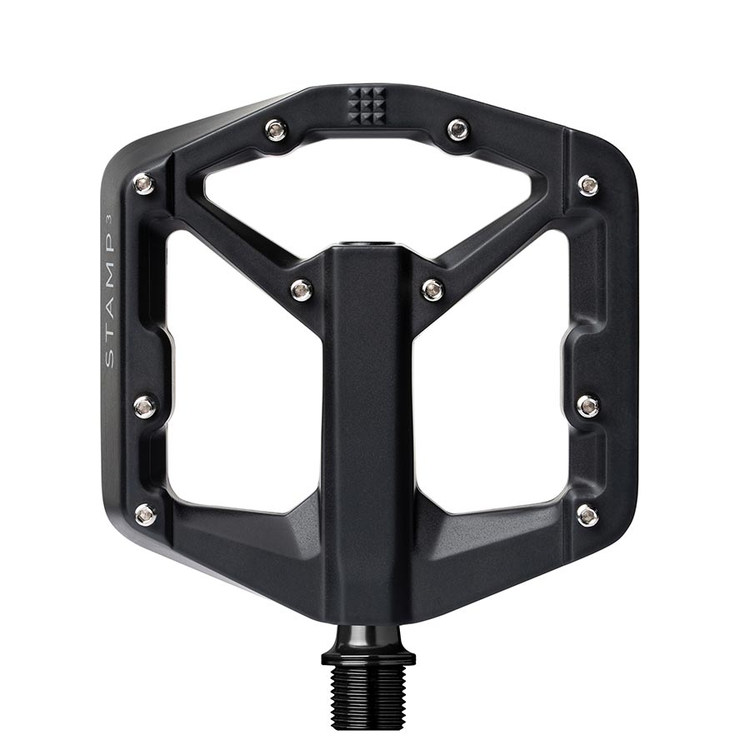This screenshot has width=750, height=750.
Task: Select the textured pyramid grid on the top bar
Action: (367, 105)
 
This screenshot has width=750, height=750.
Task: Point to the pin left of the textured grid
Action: (276, 129)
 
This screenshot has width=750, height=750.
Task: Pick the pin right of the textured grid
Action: (457, 129)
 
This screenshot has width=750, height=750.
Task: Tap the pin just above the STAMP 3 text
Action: (144, 183)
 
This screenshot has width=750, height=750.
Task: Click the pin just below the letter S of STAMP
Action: (144, 406)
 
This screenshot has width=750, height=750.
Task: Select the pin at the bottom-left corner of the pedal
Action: (145, 514)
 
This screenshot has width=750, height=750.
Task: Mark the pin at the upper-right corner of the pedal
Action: (588, 184)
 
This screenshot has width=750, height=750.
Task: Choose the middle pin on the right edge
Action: (587, 406)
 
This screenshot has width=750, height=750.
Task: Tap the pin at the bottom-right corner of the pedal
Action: (587, 514)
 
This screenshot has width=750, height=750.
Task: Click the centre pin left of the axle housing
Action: (302, 289)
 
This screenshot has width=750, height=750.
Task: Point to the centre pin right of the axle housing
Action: (432, 289)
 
